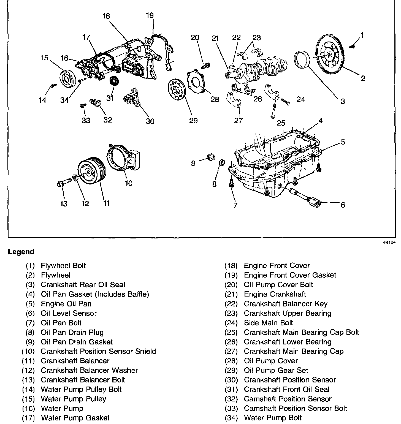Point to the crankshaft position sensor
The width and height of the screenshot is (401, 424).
tap(132, 98)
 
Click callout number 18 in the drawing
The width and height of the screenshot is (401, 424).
tap(106, 16)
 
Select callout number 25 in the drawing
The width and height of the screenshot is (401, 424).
tap(281, 123)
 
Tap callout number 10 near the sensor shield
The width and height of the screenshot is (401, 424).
tap(129, 183)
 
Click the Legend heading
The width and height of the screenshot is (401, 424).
tap(21, 252)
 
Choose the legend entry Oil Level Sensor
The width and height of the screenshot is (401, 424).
tap(69, 313)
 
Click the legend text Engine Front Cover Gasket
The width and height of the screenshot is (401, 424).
tap(290, 275)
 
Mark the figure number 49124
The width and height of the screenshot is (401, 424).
tap(389, 243)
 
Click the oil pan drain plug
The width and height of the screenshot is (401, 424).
tap(222, 163)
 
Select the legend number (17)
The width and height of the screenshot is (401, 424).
tap(28, 418)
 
